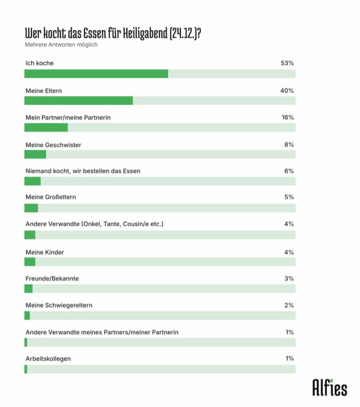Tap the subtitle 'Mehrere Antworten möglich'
(61, 45)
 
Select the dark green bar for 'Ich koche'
(96, 74)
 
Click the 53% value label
(287, 63)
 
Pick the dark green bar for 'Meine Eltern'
(78, 100)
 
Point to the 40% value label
(287, 91)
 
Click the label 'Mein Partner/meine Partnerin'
(68, 117)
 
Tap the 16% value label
(288, 117)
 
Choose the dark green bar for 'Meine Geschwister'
(35, 154)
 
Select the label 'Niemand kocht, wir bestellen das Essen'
(83, 171)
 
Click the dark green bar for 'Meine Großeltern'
(31, 208)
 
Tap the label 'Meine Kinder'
(45, 252)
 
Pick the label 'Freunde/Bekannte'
(52, 278)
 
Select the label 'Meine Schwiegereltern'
(58, 305)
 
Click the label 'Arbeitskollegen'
(48, 358)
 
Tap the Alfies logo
(330, 387)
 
